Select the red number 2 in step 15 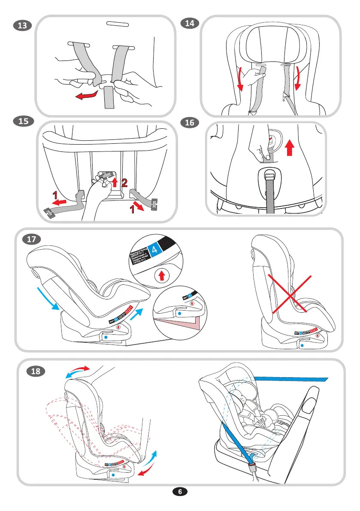124,183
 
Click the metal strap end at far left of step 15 50,212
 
